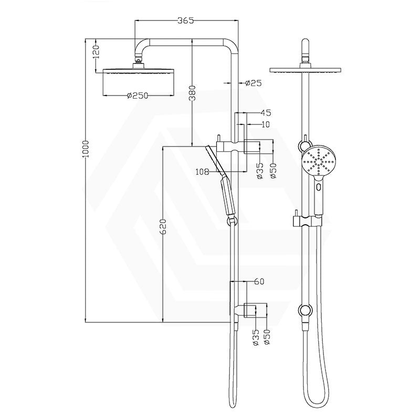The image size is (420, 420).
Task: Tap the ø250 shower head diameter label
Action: [x=138, y=96]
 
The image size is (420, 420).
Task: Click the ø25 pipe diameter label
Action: [x=254, y=83]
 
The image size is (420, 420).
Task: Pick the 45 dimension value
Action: [x=266, y=112]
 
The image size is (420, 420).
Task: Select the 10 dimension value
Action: [x=265, y=124]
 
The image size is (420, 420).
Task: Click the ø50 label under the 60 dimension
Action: [x=267, y=337]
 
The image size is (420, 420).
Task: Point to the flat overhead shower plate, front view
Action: [x=304, y=70]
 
